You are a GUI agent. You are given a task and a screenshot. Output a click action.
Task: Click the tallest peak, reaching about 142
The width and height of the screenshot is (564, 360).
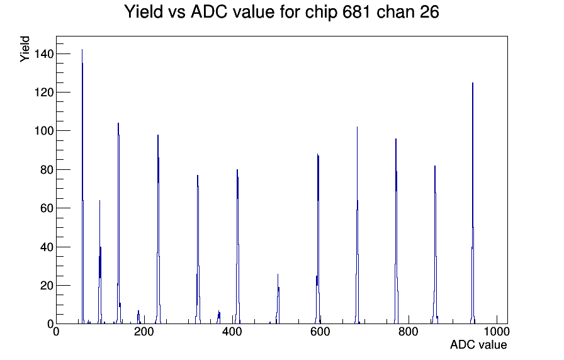82,187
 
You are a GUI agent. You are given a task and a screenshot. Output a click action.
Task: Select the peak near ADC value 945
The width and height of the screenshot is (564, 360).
473,203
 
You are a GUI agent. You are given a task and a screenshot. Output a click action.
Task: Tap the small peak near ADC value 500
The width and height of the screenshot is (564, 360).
278,298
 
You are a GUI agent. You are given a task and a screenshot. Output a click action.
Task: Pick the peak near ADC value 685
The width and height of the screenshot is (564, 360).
357,225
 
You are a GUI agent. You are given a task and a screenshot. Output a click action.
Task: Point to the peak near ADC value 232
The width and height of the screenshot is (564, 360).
158,229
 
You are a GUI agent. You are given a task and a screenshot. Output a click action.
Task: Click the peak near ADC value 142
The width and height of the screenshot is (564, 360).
118,223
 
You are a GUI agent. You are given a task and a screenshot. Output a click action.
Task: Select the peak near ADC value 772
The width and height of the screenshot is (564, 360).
396,231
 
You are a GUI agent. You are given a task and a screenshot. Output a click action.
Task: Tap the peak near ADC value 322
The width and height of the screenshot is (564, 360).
198,249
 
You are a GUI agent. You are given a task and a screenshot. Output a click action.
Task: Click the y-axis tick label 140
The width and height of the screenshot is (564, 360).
44,54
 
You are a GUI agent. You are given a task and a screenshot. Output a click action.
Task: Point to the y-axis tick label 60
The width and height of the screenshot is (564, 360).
47,208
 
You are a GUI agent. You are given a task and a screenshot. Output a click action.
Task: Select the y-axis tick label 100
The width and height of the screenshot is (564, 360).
44,131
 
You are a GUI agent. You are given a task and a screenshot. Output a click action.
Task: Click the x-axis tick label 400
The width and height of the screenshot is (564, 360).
232,332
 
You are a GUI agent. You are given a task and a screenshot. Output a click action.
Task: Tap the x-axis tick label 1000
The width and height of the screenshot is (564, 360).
497,332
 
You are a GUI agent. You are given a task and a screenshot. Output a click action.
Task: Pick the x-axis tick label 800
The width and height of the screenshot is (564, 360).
409,332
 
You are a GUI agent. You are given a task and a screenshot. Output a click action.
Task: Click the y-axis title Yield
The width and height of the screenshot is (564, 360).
25,49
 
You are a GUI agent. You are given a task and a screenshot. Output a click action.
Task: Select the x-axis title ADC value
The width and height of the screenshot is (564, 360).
478,345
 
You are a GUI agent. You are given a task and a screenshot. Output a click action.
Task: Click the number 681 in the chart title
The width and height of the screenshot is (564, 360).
357,12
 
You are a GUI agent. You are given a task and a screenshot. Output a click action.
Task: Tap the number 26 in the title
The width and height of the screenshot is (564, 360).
429,12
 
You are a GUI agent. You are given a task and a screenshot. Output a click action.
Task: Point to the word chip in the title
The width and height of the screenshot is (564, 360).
322,13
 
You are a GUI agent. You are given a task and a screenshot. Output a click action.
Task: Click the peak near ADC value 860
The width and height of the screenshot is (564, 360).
435,245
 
